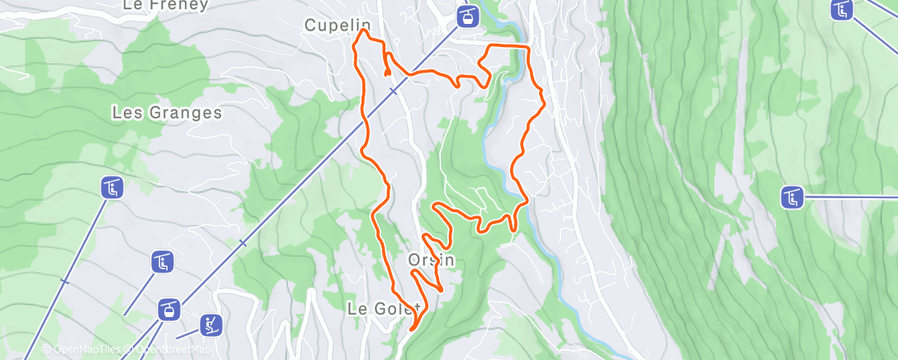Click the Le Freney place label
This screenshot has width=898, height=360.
coord(165,5)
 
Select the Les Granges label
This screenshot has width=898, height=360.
coord(168,112)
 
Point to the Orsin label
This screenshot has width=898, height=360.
coord(432,260)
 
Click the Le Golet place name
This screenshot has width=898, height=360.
coord(384,309)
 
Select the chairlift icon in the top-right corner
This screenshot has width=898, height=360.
coord(842,10)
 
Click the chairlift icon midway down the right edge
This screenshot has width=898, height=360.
coord(793,197)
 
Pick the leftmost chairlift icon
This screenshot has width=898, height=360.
coord(112,187)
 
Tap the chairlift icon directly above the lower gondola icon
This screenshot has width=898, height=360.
coord(163,263)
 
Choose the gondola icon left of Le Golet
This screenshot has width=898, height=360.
coord(170,310)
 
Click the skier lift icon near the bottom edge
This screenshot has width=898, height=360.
coord(210,324)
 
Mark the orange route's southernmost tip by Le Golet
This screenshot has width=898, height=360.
coord(410,328)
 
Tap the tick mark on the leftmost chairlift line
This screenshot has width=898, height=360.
coord(64,282)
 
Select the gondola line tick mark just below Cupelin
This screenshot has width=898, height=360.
coord(394,91)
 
